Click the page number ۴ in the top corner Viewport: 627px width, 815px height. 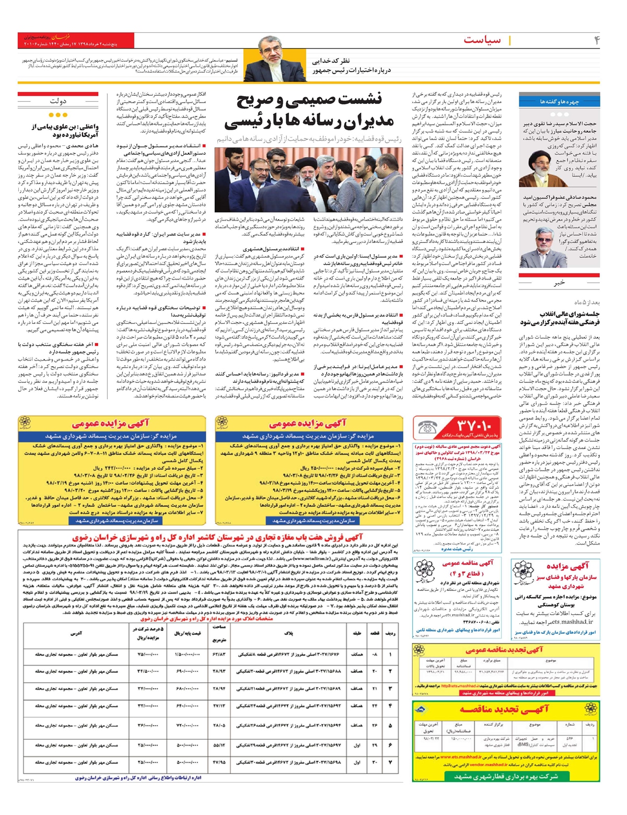(596, 40)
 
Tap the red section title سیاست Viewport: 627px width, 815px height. (481, 40)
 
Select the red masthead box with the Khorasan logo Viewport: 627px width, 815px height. (75, 41)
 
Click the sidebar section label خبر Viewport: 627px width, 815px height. (559, 283)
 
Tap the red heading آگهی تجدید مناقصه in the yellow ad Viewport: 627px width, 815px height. (504, 709)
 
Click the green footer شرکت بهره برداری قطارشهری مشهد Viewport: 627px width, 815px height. (505, 776)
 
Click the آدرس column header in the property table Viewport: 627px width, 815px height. (76, 633)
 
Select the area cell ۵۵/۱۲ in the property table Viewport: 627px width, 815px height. (219, 745)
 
